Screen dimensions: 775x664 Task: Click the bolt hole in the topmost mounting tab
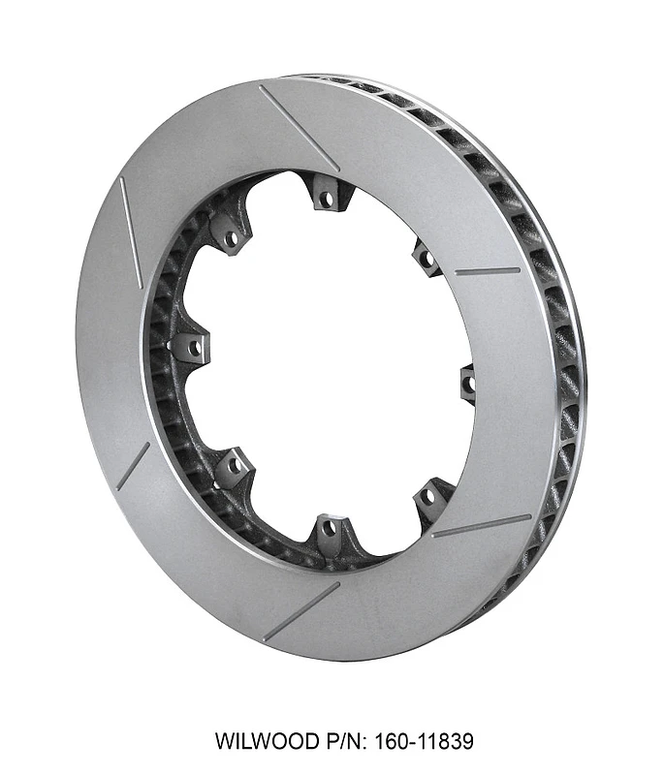point(327,199)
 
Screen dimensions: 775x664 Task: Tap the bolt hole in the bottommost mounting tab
point(329,529)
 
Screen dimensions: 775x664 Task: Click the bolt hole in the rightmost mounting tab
point(469,385)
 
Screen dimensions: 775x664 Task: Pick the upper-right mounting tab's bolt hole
point(425,257)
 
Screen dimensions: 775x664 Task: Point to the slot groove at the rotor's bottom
point(301,609)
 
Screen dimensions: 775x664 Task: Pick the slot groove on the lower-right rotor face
point(481,525)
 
